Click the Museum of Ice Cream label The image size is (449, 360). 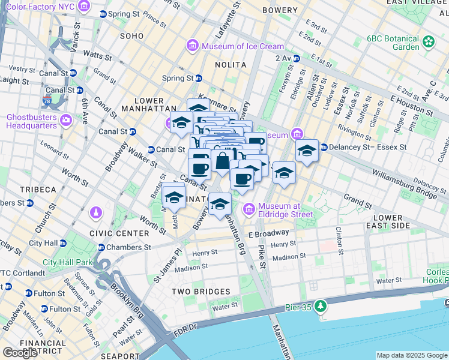click(243, 46)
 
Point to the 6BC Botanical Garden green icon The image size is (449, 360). click(429, 42)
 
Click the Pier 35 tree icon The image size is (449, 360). click(321, 306)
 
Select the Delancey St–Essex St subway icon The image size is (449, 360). click(323, 147)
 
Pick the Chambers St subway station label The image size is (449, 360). click(128, 247)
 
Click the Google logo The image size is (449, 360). click(20, 353)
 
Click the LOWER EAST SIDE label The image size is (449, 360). click(391, 221)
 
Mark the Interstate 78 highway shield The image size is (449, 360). click(47, 103)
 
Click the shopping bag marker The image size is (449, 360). click(222, 161)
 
